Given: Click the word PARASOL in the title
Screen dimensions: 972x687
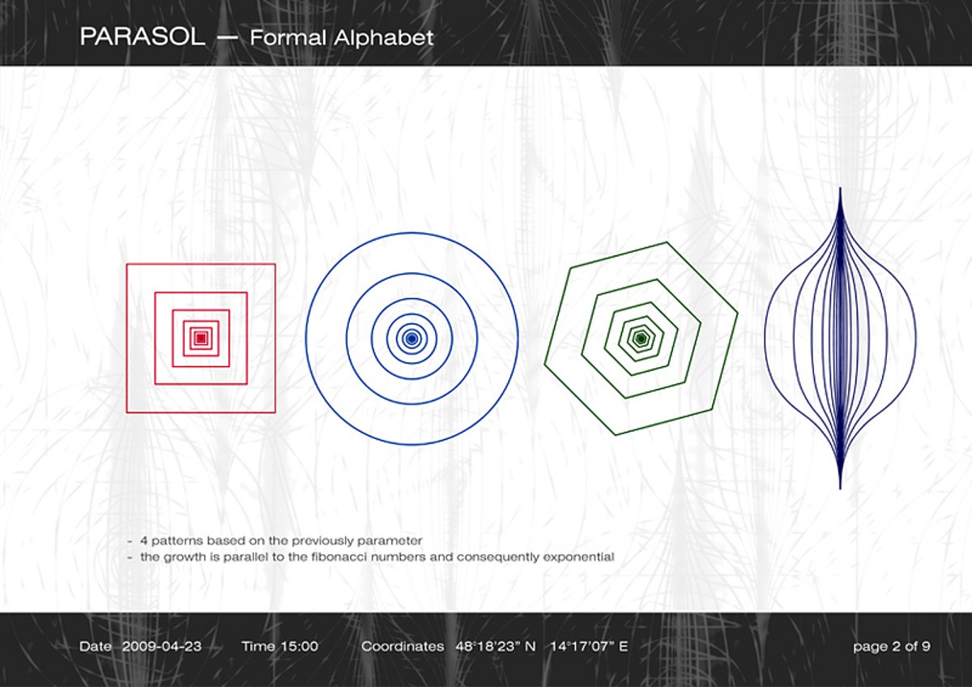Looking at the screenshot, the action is tap(143, 37).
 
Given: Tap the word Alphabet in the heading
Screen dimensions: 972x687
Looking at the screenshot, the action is tap(384, 38).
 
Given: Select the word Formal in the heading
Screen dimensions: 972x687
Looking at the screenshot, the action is tap(288, 38).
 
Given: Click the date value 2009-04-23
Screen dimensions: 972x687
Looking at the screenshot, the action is tap(162, 646).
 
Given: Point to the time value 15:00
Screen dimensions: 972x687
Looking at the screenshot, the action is tap(299, 646).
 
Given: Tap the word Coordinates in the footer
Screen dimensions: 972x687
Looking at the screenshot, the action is tap(403, 646).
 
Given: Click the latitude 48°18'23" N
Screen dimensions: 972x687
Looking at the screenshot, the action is tap(496, 646).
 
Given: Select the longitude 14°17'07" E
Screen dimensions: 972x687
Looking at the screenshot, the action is tap(589, 646).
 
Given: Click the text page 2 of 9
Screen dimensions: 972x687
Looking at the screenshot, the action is tap(892, 647).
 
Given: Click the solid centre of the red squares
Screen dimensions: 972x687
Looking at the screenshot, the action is tap(201, 338).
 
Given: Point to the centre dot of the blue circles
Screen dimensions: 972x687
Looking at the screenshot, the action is tap(411, 339).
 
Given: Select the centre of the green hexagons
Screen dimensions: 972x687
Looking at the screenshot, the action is tap(641, 339).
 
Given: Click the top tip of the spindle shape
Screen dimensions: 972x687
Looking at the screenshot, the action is tap(841, 188).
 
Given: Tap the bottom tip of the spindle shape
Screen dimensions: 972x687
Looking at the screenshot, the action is tap(841, 489).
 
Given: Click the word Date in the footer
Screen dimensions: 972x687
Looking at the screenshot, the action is tap(96, 646).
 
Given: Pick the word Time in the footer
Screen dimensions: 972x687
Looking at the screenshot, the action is tap(258, 646).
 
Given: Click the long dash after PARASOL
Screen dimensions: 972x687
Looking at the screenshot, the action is tap(228, 37).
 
